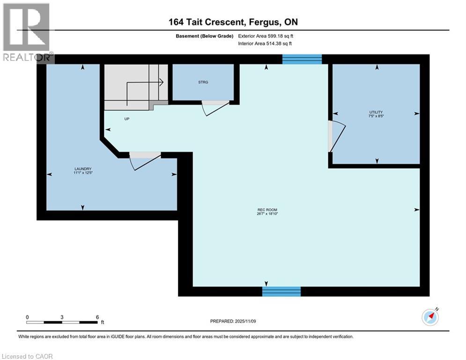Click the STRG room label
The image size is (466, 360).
coord(203,82)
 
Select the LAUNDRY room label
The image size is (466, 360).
coord(82,169)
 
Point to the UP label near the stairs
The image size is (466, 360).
coord(126,119)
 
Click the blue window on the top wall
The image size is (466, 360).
coord(302,59)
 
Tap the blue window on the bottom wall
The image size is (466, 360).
coord(281,292)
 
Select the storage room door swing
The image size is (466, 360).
coord(211,108)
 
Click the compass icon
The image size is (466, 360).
coord(430,317)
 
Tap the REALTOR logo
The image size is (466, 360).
coord(26,32)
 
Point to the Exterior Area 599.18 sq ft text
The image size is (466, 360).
coord(266,36)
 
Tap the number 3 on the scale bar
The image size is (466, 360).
coord(62,317)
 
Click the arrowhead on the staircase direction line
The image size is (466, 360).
coord(161,82)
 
